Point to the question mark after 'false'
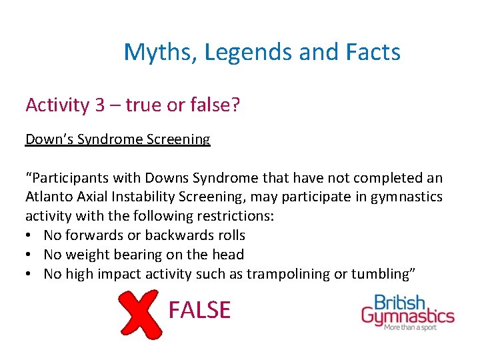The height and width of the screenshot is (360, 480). pyautogui.click(x=235, y=105)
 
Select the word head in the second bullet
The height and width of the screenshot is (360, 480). pyautogui.click(x=230, y=255)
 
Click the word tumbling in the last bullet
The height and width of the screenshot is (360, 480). pyautogui.click(x=386, y=274)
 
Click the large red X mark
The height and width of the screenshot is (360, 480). pyautogui.click(x=140, y=314)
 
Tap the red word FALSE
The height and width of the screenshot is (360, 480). pyautogui.click(x=199, y=310)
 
